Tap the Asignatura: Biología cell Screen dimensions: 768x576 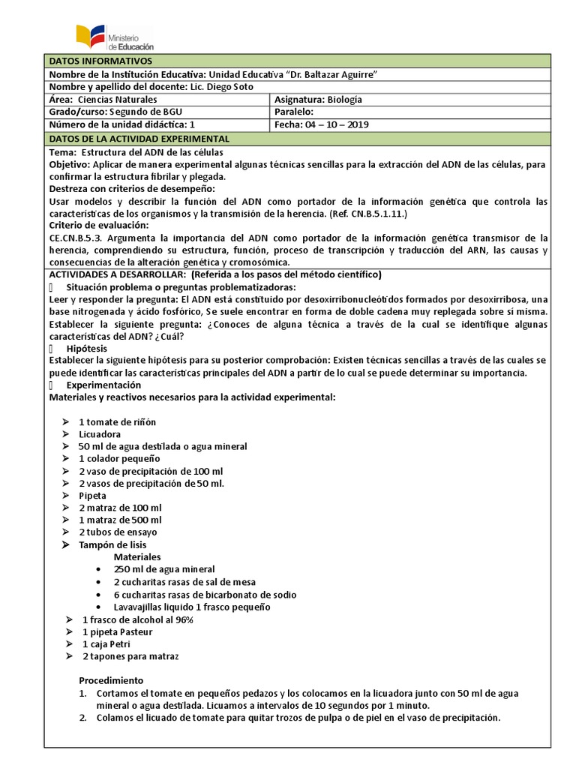pyautogui.click(x=319, y=100)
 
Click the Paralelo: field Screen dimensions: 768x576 pyautogui.click(x=299, y=112)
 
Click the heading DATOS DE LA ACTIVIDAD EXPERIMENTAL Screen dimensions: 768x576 pyautogui.click(x=139, y=139)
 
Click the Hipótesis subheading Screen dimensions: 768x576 pyautogui.click(x=86, y=349)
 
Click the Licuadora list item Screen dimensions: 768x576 pyautogui.click(x=100, y=434)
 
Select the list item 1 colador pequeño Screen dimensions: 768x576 pyautogui.click(x=119, y=458)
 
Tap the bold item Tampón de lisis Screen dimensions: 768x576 pyautogui.click(x=112, y=544)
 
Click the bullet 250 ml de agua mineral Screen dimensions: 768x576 pyautogui.click(x=163, y=570)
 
